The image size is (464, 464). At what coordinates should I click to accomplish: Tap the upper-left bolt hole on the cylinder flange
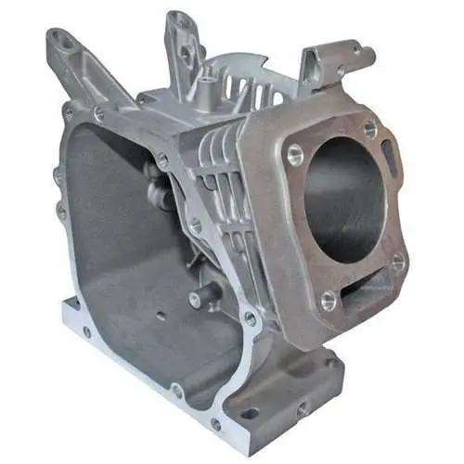(295, 152)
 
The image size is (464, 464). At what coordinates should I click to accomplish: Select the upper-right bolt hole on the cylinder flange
(370, 128)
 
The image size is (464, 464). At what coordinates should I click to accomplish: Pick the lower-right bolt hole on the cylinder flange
(398, 263)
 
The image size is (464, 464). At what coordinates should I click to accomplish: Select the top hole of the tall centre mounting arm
(175, 19)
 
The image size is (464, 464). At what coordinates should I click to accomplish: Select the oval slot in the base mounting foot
(248, 413)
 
